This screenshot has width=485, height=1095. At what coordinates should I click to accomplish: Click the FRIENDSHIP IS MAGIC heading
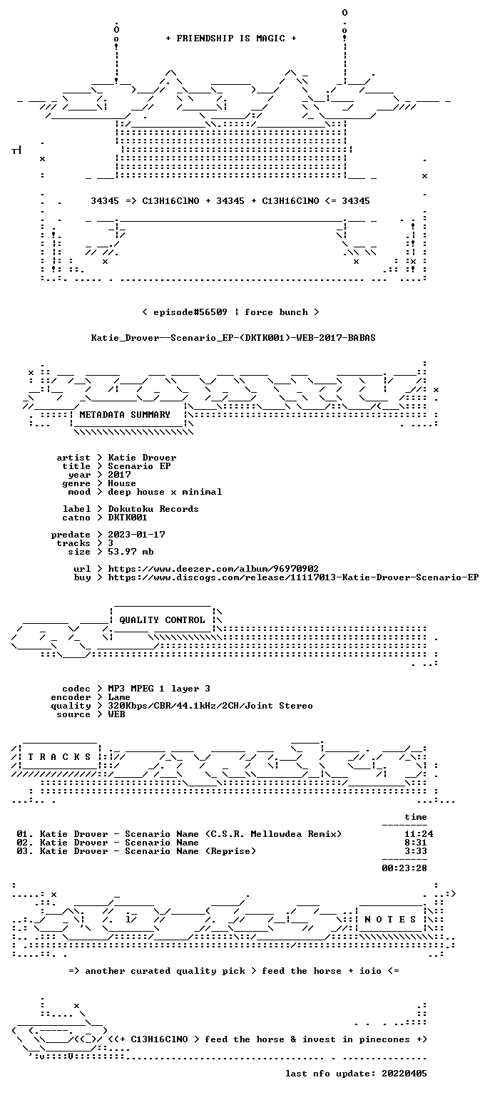231,38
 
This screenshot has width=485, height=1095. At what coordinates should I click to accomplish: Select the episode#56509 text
190,312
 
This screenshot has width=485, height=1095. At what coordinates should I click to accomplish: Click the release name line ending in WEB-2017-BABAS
233,338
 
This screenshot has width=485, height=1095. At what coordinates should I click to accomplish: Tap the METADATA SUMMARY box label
125,414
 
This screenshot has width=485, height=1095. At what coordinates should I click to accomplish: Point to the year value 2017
119,475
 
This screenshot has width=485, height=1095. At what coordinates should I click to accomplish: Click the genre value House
122,483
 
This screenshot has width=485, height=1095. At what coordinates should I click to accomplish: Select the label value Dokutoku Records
153,509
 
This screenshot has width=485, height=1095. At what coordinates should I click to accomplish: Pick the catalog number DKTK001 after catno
128,518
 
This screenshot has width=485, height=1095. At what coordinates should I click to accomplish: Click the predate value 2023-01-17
136,535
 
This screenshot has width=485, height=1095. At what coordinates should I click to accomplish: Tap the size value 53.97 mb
131,552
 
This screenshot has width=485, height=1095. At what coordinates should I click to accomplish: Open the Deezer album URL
213,569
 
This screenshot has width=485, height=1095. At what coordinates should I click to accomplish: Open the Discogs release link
293,577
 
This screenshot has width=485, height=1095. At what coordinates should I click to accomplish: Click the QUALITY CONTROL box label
162,620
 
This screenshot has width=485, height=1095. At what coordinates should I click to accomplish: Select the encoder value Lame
119,697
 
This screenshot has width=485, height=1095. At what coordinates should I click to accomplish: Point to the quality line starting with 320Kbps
210,706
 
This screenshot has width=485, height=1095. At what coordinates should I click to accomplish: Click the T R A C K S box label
59,756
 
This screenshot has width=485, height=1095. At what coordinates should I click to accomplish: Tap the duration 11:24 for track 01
419,834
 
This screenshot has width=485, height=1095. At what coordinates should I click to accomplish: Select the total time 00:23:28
404,868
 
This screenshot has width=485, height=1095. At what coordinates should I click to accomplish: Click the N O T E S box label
390,920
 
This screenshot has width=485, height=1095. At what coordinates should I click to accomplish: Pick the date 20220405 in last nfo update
404,1074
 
